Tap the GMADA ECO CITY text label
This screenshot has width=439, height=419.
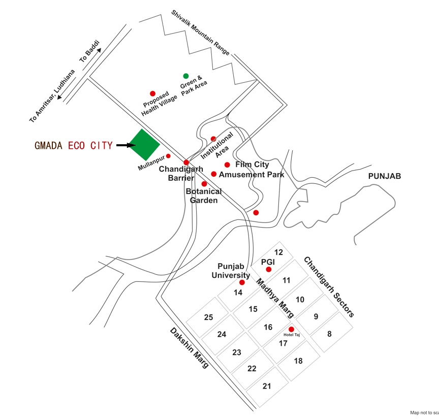[73, 146]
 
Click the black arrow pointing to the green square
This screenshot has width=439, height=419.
[125, 146]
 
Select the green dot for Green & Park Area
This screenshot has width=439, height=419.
[186, 76]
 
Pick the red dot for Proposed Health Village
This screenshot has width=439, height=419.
[152, 93]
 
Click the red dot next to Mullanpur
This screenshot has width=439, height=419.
[168, 156]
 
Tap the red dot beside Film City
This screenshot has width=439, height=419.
[227, 165]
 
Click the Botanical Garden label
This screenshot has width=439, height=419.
[204, 196]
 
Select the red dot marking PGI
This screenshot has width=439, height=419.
[269, 269]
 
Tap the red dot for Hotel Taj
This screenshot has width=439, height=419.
[291, 329]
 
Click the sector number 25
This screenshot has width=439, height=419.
[208, 317]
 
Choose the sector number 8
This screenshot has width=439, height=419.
[329, 334]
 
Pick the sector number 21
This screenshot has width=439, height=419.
[267, 386]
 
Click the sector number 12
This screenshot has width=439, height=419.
[278, 252]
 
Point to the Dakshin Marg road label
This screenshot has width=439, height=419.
[189, 348]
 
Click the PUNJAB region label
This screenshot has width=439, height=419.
[385, 176]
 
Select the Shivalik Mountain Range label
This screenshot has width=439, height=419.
[200, 32]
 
